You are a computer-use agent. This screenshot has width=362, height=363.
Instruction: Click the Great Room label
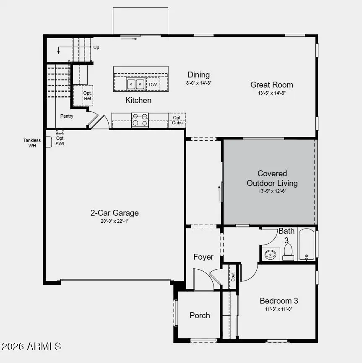pos(271,85)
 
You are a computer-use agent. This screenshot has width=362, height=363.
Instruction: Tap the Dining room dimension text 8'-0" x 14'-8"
pos(199,83)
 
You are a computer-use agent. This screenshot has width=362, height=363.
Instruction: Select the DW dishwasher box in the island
pos(153,85)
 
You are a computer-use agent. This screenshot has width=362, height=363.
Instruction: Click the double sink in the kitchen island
pos(135,84)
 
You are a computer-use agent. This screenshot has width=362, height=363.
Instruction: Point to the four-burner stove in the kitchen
pos(140,120)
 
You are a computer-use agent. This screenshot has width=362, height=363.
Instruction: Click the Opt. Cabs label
pos(177,121)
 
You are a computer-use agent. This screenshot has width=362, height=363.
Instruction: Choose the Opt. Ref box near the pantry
pos(87,95)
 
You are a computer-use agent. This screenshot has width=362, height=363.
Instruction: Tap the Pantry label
pos(67,116)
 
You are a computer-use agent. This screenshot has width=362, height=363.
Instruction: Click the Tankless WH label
pos(32,143)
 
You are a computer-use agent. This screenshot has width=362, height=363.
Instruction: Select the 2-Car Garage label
pos(115,213)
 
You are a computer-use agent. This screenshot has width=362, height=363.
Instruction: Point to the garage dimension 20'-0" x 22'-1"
pos(115,221)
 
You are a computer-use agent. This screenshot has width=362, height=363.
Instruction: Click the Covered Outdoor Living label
pos(272,178)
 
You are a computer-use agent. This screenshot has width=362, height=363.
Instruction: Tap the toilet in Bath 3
pos(288,252)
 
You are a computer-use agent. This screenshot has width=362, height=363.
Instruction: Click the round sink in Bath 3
pos(271,254)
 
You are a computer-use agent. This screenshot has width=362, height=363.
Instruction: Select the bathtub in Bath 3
pos(307,245)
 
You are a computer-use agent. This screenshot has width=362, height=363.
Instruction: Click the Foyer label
pos(203,257)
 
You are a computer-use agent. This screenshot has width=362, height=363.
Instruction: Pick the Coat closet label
pos(233,277)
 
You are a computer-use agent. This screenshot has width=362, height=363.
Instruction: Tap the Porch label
pos(200,315)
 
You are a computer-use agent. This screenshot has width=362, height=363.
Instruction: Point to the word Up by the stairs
pos(96,48)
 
